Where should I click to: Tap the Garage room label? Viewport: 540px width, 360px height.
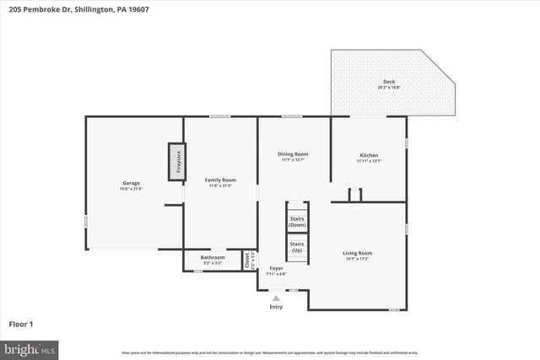click(x=131, y=183)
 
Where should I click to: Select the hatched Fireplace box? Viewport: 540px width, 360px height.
click(x=177, y=161)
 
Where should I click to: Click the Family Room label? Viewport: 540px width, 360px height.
click(x=220, y=180)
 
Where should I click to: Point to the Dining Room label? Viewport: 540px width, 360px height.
click(x=293, y=154)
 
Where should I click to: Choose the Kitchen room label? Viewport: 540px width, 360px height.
click(x=369, y=155)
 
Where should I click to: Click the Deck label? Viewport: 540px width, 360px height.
click(x=389, y=82)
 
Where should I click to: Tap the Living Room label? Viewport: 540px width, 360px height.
click(x=357, y=253)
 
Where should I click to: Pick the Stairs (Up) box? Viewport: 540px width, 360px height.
click(x=297, y=247)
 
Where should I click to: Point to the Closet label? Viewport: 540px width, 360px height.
click(x=248, y=260)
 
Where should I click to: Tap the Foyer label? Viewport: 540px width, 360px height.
click(x=276, y=268)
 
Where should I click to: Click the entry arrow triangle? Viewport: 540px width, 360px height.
click(x=276, y=297)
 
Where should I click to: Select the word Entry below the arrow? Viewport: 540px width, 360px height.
click(x=276, y=307)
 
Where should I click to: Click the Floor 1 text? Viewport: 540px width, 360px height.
click(x=22, y=324)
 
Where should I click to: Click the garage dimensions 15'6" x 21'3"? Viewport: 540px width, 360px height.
click(x=131, y=189)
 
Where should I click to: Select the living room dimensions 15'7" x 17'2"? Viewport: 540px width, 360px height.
click(x=357, y=259)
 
